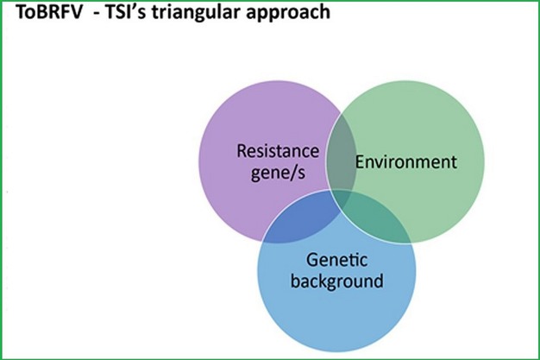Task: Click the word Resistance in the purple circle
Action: coord(278,152)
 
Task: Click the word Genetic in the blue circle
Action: coord(337,259)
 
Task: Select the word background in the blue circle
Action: coord(337,281)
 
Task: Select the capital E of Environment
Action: coord(360,161)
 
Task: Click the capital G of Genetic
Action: coord(313,259)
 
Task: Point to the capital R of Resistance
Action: coord(242,152)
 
